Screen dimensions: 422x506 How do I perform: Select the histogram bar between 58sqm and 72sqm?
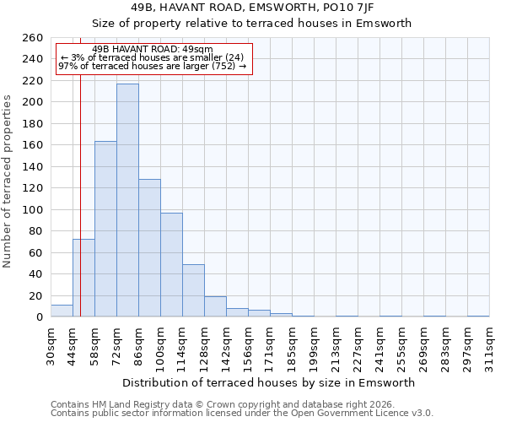click(x=105, y=229)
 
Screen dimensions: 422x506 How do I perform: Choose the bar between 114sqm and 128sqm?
click(x=193, y=290)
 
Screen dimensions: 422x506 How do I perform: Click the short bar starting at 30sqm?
click(x=62, y=311)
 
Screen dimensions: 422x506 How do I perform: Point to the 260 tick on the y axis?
click(x=33, y=38)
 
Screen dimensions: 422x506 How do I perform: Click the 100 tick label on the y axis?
click(x=33, y=209)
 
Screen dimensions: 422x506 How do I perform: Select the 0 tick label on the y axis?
click(x=39, y=317)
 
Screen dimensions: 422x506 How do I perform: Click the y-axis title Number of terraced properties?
click(x=8, y=181)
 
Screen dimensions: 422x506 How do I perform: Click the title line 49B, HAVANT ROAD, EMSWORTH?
click(x=269, y=8)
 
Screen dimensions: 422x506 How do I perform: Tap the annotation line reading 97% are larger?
click(x=153, y=66)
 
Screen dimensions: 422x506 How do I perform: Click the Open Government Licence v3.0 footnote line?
click(x=242, y=414)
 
